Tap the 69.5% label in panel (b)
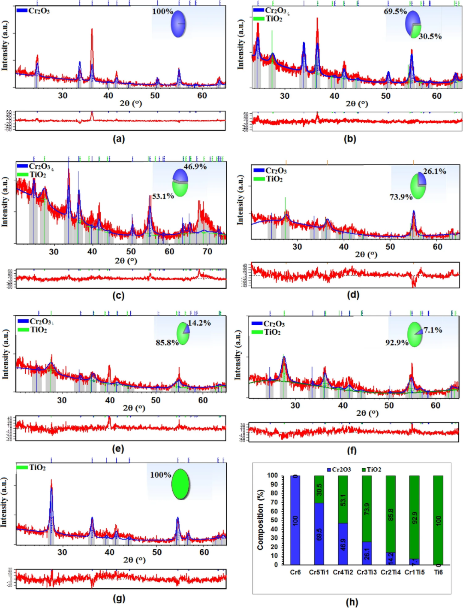click(x=395, y=12)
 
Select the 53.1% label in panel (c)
click(x=163, y=196)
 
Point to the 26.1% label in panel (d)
click(x=434, y=171)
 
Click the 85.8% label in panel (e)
click(x=167, y=342)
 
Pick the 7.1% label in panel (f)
click(x=433, y=330)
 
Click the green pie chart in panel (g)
click(x=180, y=484)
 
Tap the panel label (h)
click(x=352, y=602)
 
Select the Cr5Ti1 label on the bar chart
click(x=319, y=572)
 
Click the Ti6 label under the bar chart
click(x=438, y=572)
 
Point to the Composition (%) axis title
click(x=260, y=520)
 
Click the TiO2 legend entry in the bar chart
click(x=371, y=469)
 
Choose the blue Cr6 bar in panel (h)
click(x=295, y=520)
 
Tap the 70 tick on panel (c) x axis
click(x=207, y=251)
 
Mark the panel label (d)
click(x=352, y=294)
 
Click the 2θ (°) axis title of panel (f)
click(x=367, y=413)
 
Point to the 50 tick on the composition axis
click(x=273, y=520)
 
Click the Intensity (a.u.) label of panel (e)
click(x=6, y=354)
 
